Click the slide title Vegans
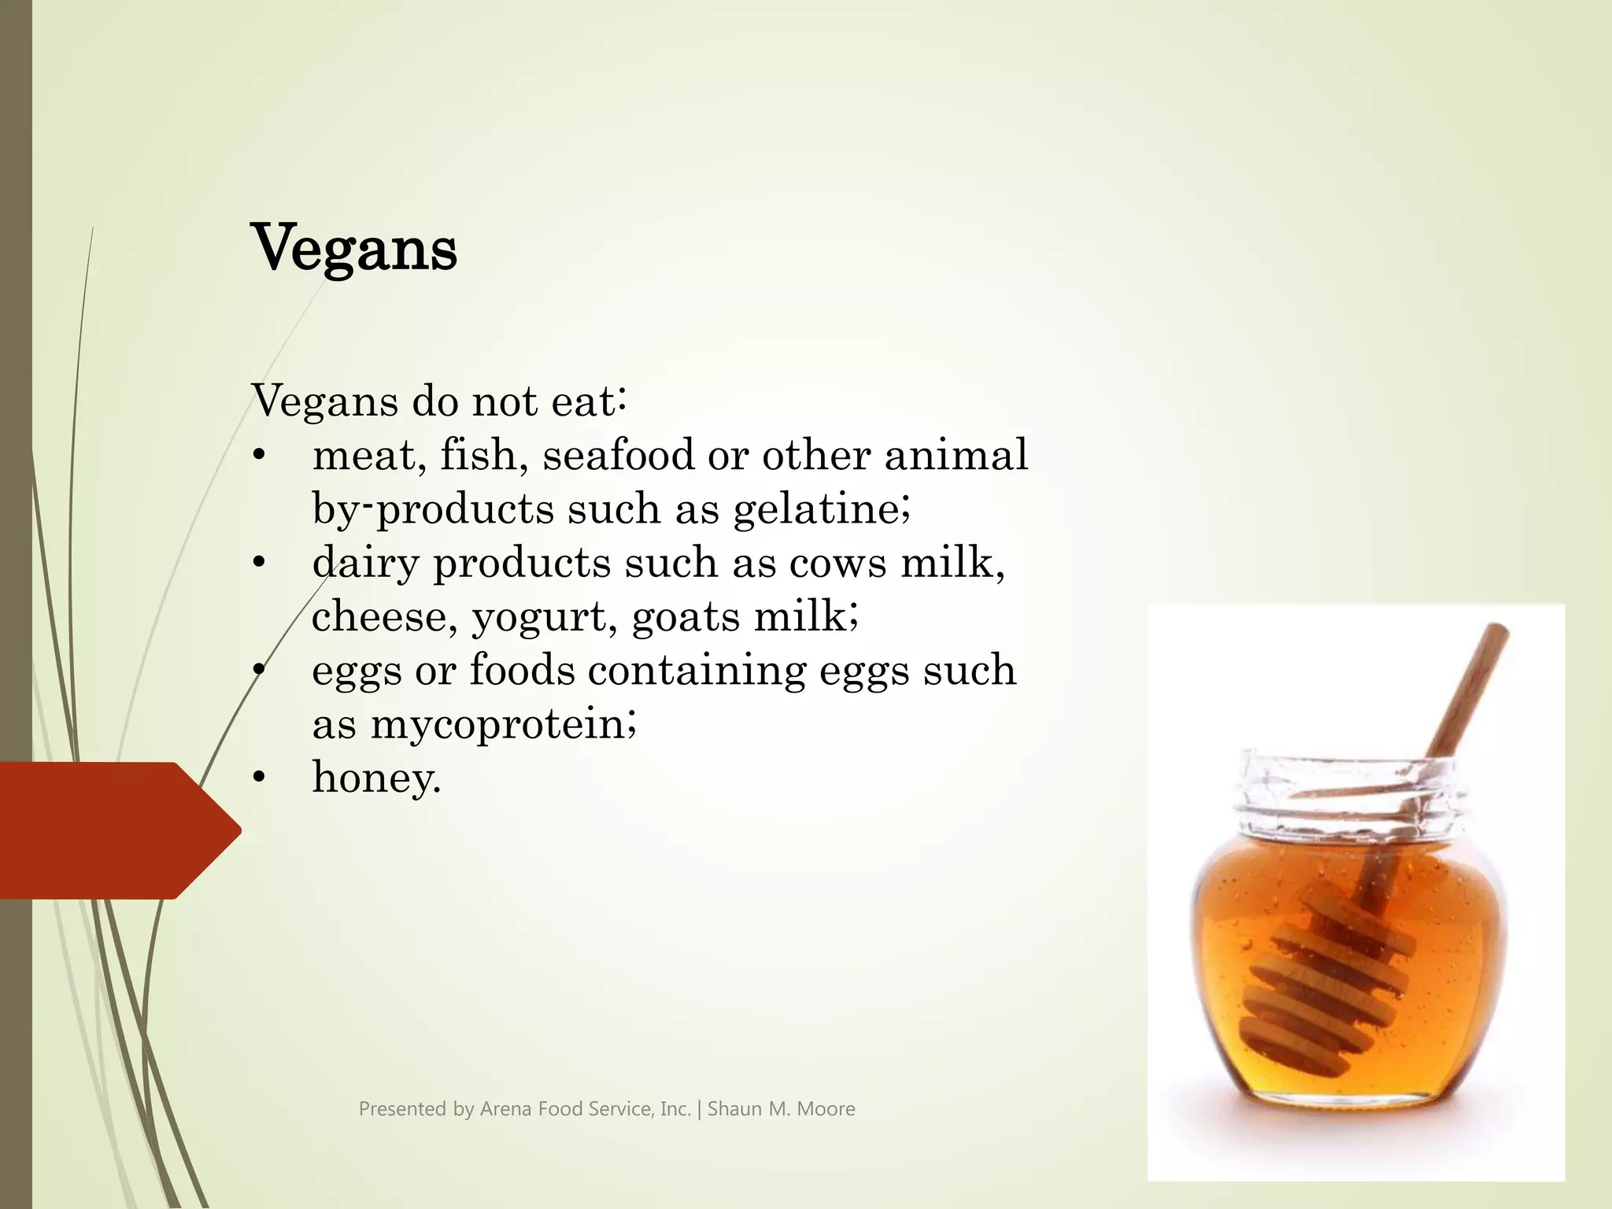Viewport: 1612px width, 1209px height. [353, 249]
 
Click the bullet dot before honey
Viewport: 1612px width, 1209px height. [259, 778]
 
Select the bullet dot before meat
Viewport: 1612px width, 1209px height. [259, 455]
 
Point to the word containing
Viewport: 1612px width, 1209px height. [697, 671]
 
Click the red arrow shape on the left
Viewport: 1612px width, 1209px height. [110, 830]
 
